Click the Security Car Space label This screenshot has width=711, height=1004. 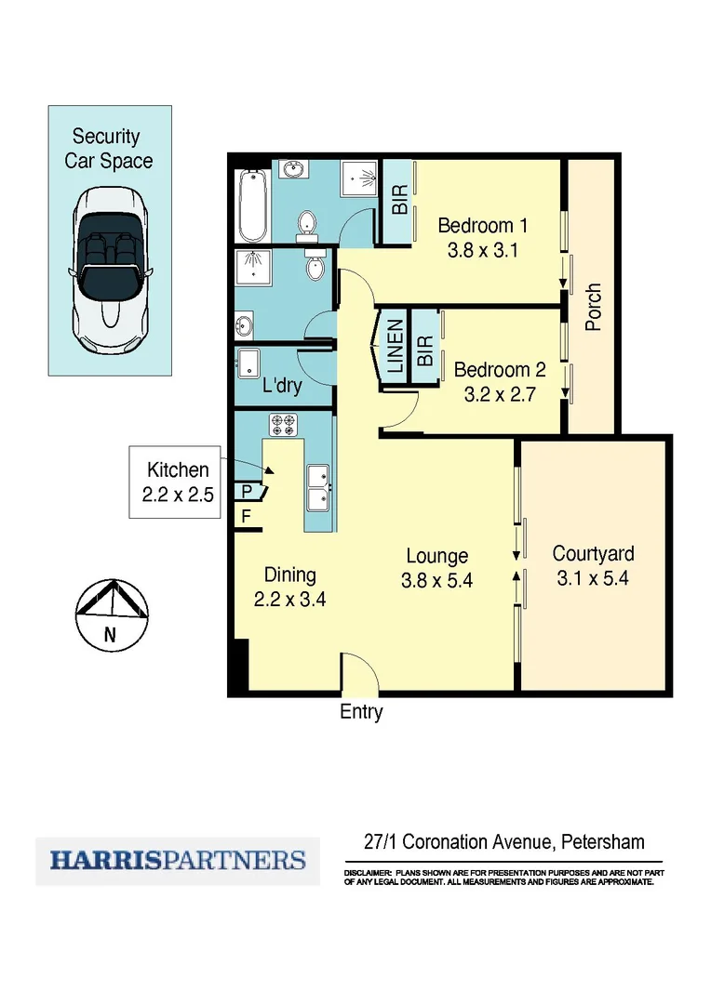pyautogui.click(x=108, y=149)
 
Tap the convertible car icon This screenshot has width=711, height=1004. pyautogui.click(x=110, y=270)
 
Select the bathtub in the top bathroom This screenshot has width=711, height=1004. pyautogui.click(x=252, y=205)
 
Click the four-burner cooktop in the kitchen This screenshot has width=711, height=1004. pyautogui.click(x=283, y=426)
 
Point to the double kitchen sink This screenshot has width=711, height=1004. pyautogui.click(x=317, y=489)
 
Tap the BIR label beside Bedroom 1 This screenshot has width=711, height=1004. pyautogui.click(x=400, y=202)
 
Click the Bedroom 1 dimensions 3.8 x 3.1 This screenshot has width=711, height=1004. pyautogui.click(x=483, y=250)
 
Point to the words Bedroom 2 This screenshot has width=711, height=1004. pyautogui.click(x=500, y=369)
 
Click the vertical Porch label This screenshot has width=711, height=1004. pyautogui.click(x=593, y=307)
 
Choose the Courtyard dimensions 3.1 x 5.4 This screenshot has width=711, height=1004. pyautogui.click(x=594, y=578)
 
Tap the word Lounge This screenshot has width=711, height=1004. pyautogui.click(x=436, y=556)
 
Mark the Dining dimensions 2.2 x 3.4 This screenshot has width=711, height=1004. pyautogui.click(x=290, y=599)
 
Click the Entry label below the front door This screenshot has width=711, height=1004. pyautogui.click(x=361, y=712)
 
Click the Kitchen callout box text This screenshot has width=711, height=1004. pyautogui.click(x=178, y=482)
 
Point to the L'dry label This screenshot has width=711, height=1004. pyautogui.click(x=283, y=385)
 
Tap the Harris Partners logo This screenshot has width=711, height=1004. pyautogui.click(x=178, y=860)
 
